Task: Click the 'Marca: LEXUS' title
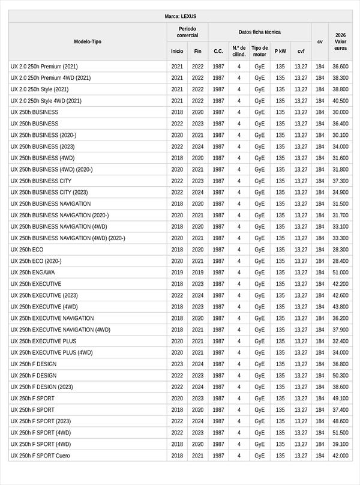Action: click(x=180, y=16)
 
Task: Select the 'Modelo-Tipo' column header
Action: click(x=88, y=41)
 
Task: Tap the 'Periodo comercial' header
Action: click(x=187, y=32)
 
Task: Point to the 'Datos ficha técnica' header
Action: click(x=259, y=32)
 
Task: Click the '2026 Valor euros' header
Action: click(x=340, y=41)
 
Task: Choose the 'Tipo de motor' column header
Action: click(x=259, y=51)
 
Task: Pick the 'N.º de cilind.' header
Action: click(x=239, y=51)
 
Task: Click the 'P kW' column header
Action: click(x=280, y=52)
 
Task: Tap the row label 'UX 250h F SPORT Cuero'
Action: click(x=40, y=456)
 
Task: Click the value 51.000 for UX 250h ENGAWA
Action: click(x=340, y=273)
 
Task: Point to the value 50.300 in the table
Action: click(x=340, y=376)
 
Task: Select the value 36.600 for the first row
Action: click(x=340, y=67)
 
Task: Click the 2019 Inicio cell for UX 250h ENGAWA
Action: click(x=177, y=273)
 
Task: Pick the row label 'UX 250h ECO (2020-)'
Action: click(x=36, y=261)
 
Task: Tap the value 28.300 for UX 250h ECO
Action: click(x=340, y=250)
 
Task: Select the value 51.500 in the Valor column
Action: click(x=340, y=433)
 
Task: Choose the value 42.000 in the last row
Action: click(x=340, y=456)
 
